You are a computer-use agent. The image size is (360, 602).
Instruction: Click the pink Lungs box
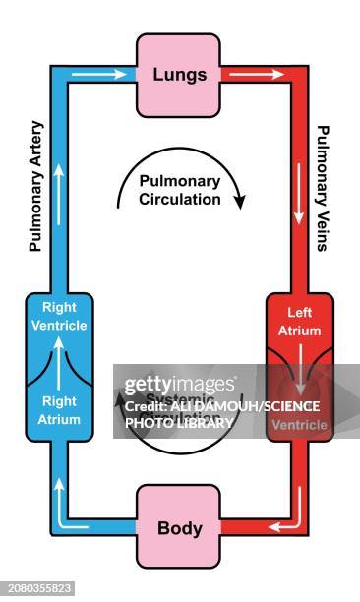pyautogui.click(x=178, y=75)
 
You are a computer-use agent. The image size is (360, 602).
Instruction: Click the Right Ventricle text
pyautogui.click(x=58, y=317)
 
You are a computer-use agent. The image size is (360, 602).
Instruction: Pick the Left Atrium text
pyautogui.click(x=298, y=323)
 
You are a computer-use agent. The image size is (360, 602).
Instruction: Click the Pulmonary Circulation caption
pyautogui.click(x=179, y=190)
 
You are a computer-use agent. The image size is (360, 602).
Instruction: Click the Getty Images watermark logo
pyautogui.click(x=179, y=384)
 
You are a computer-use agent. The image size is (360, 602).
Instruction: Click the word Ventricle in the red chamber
pyautogui.click(x=298, y=425)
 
